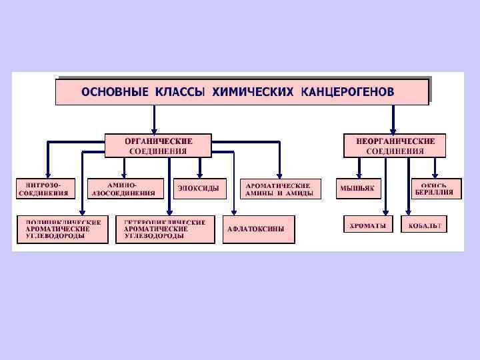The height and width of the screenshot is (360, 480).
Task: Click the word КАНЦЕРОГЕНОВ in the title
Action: click(347, 91)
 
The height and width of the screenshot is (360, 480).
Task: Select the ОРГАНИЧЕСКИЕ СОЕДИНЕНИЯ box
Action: click(158, 145)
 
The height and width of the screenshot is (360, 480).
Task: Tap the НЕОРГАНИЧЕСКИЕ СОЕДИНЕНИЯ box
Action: click(395, 145)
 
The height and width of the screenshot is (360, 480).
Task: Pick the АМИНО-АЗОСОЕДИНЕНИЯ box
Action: click(125, 189)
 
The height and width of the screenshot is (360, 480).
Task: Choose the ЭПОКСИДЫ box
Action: click(199, 189)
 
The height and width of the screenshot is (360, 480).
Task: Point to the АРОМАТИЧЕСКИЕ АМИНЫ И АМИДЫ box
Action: click(281, 189)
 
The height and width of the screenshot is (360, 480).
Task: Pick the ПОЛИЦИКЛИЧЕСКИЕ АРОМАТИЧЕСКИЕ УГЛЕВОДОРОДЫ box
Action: click(62, 229)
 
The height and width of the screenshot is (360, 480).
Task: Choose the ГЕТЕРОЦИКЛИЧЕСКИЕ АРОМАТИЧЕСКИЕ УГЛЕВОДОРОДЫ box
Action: click(165, 229)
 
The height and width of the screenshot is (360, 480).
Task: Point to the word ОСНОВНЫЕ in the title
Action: click(115, 91)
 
